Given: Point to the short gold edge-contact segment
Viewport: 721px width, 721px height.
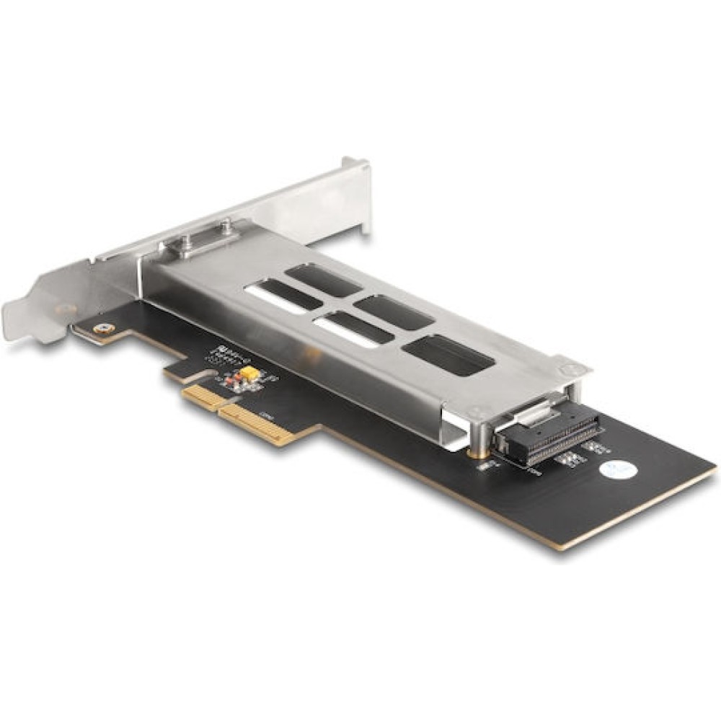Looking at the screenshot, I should (200, 397).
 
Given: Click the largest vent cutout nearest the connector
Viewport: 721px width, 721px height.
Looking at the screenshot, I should (448, 355).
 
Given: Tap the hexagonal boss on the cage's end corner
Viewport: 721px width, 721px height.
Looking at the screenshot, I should (569, 368).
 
